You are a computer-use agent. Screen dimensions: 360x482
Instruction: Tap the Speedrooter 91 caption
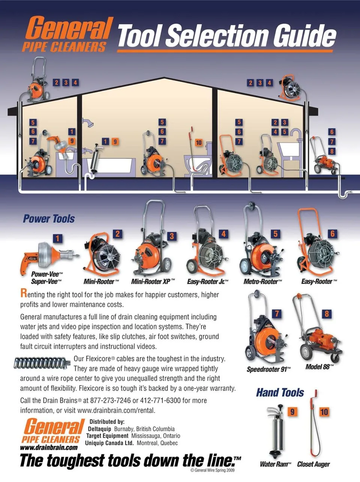pos(268,369)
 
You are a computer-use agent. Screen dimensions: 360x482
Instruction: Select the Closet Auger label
pos(313,464)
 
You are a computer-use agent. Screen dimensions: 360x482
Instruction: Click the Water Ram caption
pos(276,464)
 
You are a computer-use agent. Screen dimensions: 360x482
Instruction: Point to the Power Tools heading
pos(49,219)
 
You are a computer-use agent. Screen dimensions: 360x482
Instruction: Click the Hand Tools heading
pos(280,392)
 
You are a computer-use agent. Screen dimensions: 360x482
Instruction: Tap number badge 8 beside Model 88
pos(327,314)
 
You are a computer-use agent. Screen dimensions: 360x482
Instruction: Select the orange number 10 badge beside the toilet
pos(198,143)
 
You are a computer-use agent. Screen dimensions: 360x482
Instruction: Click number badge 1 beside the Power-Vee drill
pos(57,239)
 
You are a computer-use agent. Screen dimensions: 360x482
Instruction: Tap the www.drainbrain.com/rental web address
pos(116,410)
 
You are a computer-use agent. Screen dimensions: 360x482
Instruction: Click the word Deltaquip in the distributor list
pos(99,429)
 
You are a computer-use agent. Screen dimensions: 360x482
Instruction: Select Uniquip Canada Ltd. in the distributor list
pos(109,443)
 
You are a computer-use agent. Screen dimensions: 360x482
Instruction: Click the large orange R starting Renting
pos(24,293)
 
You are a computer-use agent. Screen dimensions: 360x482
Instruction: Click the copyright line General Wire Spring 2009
pos(212,470)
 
